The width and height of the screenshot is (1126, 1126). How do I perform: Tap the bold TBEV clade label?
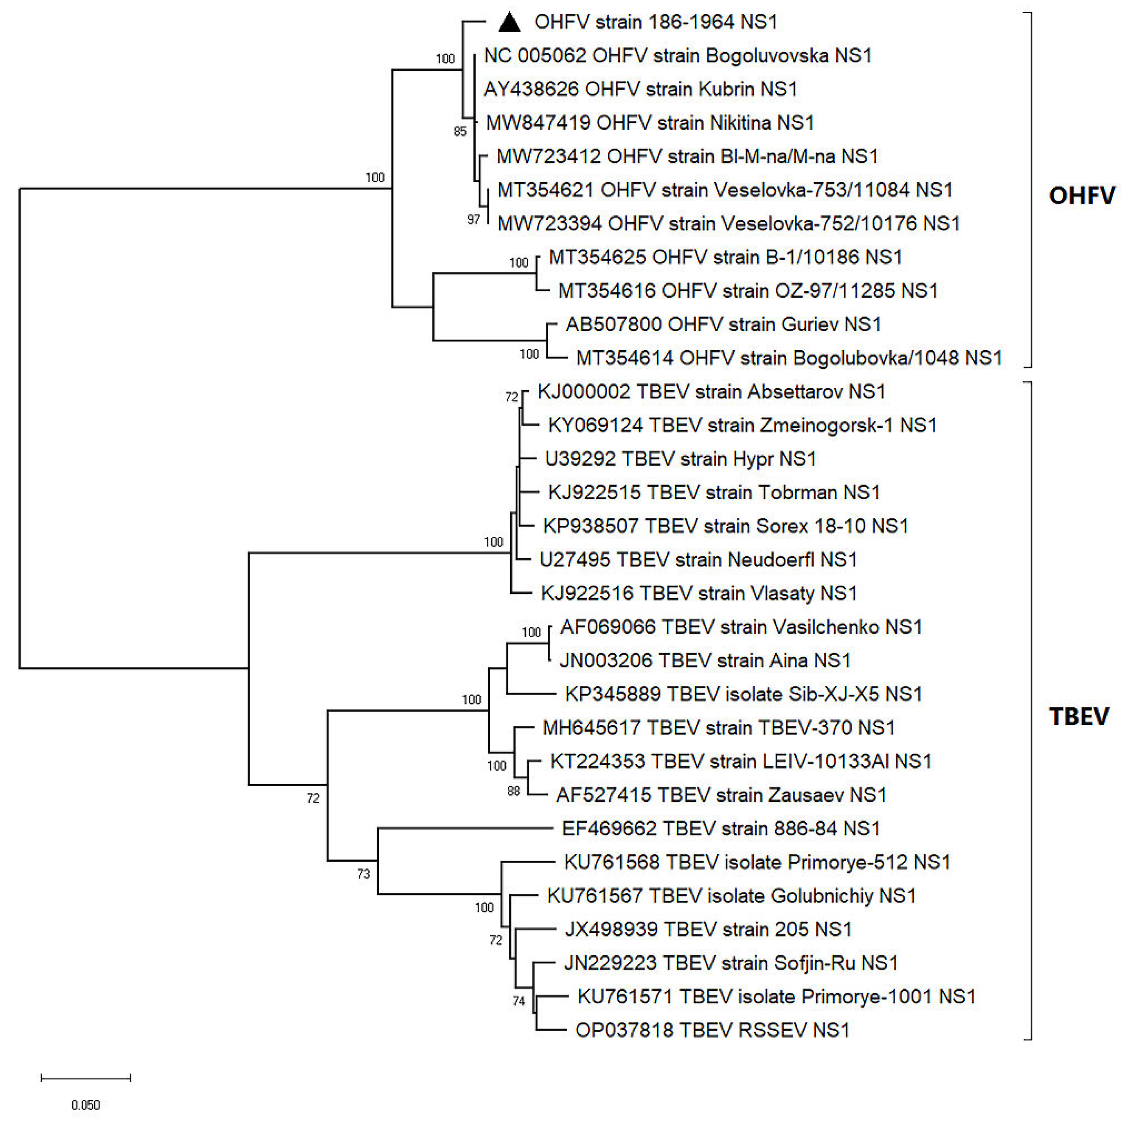[x=1079, y=716]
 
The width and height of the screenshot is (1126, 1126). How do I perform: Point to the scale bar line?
[x=86, y=1078]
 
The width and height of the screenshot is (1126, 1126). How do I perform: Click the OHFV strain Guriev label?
[x=723, y=325]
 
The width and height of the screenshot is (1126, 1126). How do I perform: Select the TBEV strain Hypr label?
[x=680, y=459]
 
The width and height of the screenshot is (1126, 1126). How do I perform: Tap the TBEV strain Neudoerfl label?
[x=698, y=560]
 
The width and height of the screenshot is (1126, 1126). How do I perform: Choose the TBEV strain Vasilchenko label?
[x=741, y=627]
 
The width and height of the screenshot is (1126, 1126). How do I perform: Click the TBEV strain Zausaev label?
[x=721, y=795]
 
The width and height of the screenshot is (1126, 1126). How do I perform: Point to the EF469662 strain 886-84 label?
[x=720, y=829]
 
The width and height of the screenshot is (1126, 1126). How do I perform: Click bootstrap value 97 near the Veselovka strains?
[x=473, y=220]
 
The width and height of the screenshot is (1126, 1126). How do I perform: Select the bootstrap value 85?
[x=460, y=132]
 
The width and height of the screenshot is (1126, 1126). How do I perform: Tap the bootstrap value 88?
[x=513, y=791]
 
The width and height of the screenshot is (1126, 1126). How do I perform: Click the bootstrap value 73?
[x=363, y=874]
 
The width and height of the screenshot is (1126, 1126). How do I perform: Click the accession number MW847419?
[x=538, y=123]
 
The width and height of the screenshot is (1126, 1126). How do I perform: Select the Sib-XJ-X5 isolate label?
[x=743, y=694]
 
